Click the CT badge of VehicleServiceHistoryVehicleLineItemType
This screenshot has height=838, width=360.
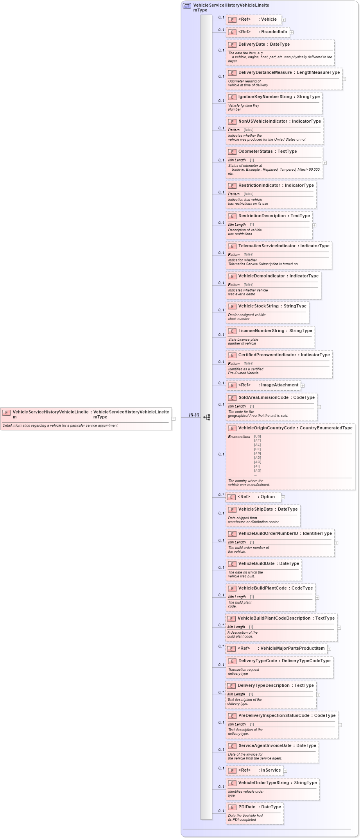pyautogui.click(x=187, y=6)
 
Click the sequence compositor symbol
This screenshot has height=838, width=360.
pyautogui.click(x=207, y=417)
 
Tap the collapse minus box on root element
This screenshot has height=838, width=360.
pyautogui.click(x=174, y=418)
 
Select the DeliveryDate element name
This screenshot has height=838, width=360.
pyautogui.click(x=252, y=45)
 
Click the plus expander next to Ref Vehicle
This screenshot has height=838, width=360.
pyautogui.click(x=284, y=20)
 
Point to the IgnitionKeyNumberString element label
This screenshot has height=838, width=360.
pyautogui.click(x=265, y=97)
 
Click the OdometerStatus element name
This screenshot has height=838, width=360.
pyautogui.click(x=256, y=152)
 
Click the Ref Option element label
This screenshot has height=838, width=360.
pyautogui.click(x=268, y=497)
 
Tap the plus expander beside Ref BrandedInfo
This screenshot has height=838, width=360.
pyautogui.click(x=292, y=32)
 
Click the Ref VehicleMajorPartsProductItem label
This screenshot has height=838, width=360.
pyautogui.click(x=292, y=649)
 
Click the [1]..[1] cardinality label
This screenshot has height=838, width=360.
pyautogui.click(x=194, y=415)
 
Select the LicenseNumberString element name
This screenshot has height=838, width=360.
pyautogui.click(x=261, y=331)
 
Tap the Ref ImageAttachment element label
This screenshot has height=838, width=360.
pyautogui.click(x=279, y=385)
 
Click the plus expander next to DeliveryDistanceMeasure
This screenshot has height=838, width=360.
pyautogui.click(x=344, y=79)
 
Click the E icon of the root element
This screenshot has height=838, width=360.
pyautogui.click(x=6, y=413)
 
